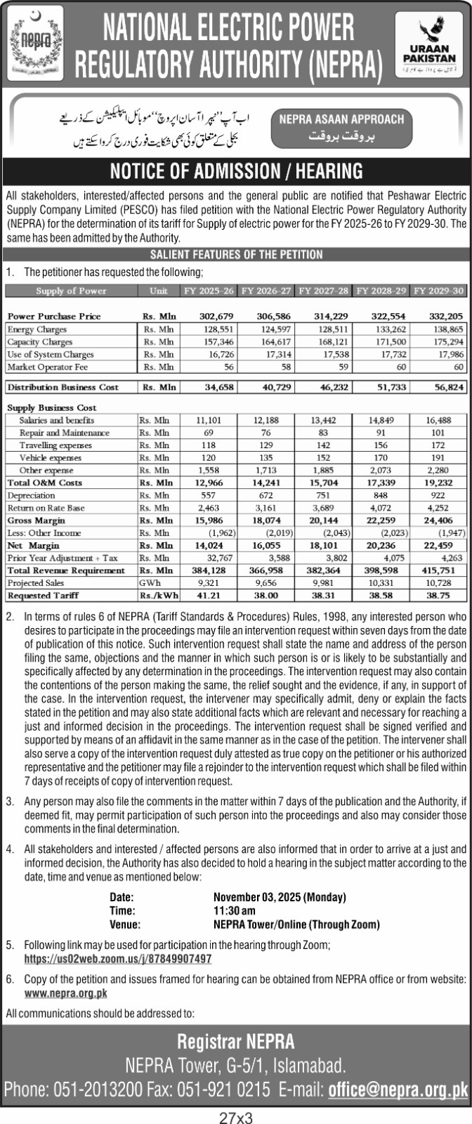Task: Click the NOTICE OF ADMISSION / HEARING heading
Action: [236, 171]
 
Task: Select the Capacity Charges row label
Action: [40, 342]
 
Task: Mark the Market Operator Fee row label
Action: [42, 367]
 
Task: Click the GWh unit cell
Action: [149, 583]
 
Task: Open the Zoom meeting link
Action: [118, 958]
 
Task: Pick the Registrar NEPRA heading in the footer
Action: [236, 1041]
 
